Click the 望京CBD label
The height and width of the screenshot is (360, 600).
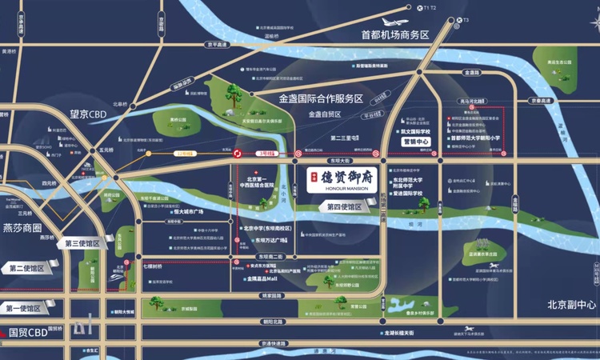(x=87, y=114)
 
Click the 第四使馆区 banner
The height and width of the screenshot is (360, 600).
(x=345, y=206)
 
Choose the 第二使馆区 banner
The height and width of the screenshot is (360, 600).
(x=26, y=269)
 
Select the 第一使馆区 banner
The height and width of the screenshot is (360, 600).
(x=24, y=307)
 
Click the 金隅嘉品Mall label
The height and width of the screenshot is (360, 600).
(x=262, y=279)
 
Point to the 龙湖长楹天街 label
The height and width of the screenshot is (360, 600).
(x=409, y=332)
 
